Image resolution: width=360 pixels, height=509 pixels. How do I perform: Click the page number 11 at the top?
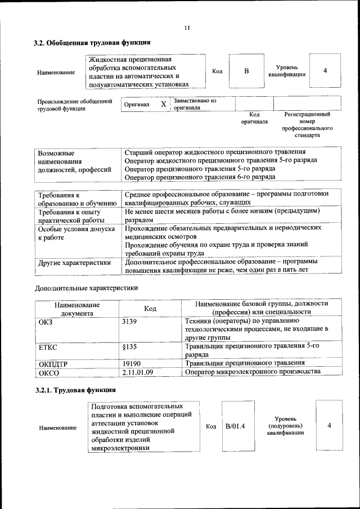tap(187, 28)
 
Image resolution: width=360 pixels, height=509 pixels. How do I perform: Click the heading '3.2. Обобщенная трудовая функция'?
tap(92, 43)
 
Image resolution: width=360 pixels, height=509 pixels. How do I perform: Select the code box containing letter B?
tap(246, 71)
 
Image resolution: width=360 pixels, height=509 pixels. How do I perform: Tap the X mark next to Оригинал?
tap(163, 105)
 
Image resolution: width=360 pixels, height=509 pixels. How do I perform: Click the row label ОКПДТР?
tap(53, 364)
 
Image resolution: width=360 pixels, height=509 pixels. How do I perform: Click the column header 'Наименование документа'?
tap(77, 308)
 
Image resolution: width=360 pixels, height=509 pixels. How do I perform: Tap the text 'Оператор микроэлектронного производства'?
tap(253, 372)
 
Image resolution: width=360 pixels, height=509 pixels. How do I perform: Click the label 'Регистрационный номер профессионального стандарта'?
tap(307, 125)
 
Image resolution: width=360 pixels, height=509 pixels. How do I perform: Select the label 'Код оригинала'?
tap(254, 118)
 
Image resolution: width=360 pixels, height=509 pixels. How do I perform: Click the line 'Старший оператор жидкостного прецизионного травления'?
tap(215, 152)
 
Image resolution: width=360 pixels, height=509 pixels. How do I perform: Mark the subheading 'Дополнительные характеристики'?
tap(86, 288)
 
